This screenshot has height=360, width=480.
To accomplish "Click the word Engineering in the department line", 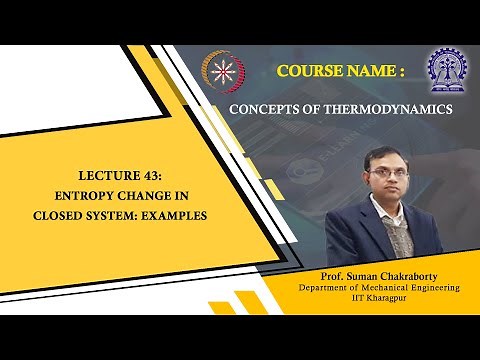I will [x=439, y=287].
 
